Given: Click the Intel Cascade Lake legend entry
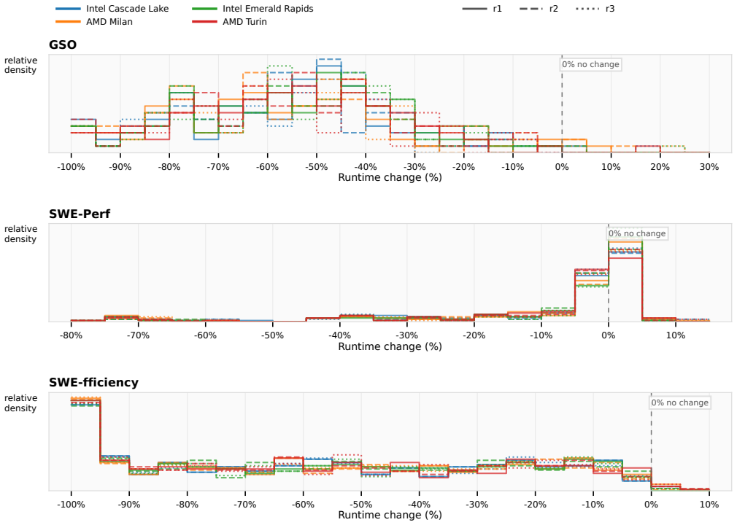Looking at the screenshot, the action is coord(112,9).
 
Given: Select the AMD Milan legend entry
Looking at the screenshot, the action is coord(94,22).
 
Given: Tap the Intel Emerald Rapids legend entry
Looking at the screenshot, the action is coord(253,9).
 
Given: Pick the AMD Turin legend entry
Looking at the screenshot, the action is coord(229,22).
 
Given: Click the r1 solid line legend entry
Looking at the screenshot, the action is coord(482,9).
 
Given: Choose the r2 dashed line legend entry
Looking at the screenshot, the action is coord(539,9).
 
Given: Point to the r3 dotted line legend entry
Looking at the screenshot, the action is coord(595,9).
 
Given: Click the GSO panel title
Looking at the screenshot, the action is coord(63,44).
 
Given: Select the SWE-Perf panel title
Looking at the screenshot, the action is coord(80,214).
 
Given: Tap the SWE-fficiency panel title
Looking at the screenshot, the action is coord(93,382).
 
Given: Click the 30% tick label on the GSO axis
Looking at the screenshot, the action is coord(709,167).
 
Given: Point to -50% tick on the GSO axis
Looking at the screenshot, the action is coord(317,167).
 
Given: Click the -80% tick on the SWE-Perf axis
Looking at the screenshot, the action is coord(71,335).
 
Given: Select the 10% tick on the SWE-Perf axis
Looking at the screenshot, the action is coord(676,335).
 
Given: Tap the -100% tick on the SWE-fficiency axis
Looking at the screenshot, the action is coord(71,505).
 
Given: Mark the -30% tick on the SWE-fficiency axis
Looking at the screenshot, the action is coord(477,505).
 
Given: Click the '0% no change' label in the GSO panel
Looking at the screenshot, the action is coord(591,64).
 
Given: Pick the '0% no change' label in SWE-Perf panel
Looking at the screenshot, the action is coord(637,233).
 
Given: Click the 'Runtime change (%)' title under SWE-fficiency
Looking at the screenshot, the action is coord(390,515).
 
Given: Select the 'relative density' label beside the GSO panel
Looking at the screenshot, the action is coord(20,65).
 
